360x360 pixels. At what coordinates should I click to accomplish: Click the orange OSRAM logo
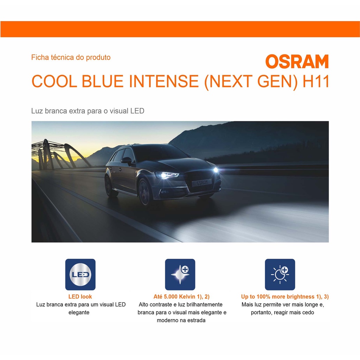297,61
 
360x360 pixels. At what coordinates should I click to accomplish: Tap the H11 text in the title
316,81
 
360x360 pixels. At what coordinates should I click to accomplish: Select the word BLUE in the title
103,81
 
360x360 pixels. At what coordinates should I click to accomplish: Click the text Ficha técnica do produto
71,57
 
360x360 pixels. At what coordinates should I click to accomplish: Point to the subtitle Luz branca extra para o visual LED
88,111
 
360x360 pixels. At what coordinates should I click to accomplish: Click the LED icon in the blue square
81,274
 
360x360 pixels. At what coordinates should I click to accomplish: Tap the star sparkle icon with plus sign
180,274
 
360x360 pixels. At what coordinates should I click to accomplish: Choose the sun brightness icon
280,274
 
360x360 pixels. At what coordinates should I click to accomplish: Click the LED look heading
80,297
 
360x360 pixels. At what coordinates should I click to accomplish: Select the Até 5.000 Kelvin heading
181,297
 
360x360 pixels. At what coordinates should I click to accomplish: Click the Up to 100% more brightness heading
285,297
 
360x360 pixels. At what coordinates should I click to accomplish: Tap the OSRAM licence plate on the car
202,183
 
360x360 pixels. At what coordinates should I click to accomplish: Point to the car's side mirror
127,160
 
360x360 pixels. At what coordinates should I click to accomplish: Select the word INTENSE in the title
164,81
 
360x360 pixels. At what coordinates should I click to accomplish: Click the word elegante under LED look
79,313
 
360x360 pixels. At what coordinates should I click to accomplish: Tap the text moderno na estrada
181,320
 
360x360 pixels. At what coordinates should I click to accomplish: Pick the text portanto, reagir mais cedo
282,313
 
